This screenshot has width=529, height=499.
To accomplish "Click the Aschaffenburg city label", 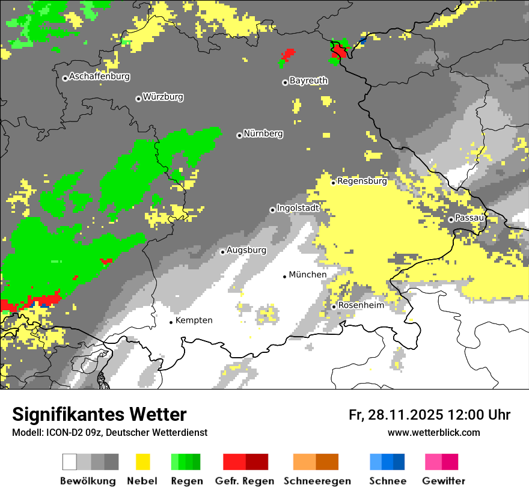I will pyautogui.click(x=99, y=77).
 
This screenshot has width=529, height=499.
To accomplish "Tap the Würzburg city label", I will pyautogui.click(x=163, y=97).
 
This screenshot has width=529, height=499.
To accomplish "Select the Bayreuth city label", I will pyautogui.click(x=308, y=81).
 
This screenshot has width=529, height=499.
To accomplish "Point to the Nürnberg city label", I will pyautogui.click(x=263, y=134).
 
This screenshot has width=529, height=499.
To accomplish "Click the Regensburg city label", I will pyautogui.click(x=362, y=181).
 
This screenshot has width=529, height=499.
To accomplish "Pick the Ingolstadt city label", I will pyautogui.click(x=298, y=208).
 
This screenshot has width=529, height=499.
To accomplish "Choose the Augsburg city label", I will pyautogui.click(x=246, y=250).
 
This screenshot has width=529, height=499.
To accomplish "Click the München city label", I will pyautogui.click(x=308, y=275).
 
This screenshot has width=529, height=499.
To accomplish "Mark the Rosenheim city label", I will pyautogui.click(x=361, y=305).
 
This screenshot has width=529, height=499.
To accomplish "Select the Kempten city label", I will pyautogui.click(x=194, y=320).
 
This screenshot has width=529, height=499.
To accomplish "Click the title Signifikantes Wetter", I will pyautogui.click(x=99, y=415).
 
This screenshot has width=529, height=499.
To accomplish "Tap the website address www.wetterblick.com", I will pyautogui.click(x=434, y=432).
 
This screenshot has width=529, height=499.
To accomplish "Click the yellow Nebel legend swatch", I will pyautogui.click(x=142, y=462).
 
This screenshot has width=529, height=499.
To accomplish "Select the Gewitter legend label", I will pyautogui.click(x=444, y=481).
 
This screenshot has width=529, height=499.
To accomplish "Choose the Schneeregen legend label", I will pyautogui.click(x=317, y=481).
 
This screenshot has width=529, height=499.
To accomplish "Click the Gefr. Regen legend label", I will pyautogui.click(x=245, y=481).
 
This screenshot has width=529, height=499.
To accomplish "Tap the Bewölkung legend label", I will pyautogui.click(x=88, y=481).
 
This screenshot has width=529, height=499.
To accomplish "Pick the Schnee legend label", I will pyautogui.click(x=388, y=481).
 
